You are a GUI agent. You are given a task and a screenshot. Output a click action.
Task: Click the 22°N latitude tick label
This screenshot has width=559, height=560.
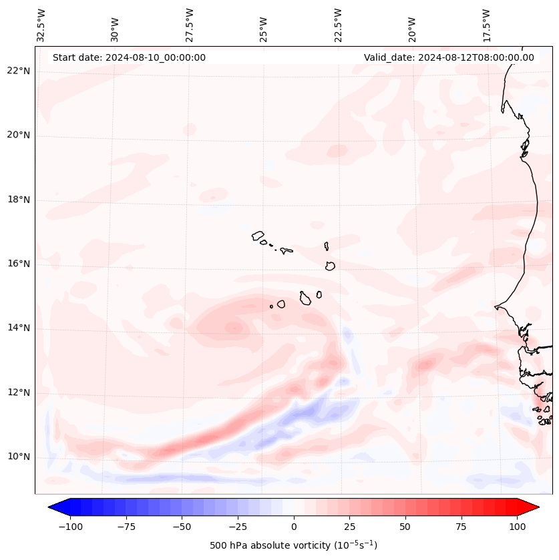coord(19,71)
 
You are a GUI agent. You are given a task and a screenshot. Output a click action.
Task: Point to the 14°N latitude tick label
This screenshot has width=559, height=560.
coord(19,328)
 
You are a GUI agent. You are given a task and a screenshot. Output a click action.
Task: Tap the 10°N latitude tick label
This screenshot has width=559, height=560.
coord(19,457)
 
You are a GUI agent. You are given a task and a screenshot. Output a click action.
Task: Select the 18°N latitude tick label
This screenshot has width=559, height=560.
coord(19,200)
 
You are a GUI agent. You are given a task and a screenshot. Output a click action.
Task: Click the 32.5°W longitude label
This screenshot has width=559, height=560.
coord(41,25)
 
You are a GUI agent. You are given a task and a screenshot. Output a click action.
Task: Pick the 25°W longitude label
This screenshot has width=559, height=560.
coord(264,26)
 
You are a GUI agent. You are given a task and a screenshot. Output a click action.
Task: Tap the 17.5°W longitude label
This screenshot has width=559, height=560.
coord(486,25)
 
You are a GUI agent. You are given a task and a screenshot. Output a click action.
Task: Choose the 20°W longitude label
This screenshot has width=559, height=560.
coord(412,26)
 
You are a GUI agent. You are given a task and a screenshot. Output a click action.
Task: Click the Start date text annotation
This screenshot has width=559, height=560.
coord(129,57)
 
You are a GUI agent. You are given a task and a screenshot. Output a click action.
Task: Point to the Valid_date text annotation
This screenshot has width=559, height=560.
coord(449,57)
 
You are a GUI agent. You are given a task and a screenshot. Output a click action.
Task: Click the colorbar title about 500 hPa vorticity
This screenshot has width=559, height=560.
coord(293,545)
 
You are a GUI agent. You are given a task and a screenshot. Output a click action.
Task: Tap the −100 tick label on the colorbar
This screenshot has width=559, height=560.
coord(70,527)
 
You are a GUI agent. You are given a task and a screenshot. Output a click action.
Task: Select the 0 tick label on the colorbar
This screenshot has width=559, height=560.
coord(293,527)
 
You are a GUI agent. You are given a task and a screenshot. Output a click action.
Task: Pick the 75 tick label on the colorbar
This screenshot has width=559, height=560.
coord(461,527)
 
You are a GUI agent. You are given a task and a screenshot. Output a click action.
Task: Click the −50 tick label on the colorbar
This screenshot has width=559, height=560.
coord(182,527)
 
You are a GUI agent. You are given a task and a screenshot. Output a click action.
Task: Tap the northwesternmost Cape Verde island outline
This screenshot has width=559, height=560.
coord(258,236)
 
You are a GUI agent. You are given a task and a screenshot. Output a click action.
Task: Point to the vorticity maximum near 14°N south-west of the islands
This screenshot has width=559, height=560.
coord(234,327)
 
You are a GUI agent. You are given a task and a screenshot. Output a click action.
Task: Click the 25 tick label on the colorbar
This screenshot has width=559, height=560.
coord(349,527)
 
